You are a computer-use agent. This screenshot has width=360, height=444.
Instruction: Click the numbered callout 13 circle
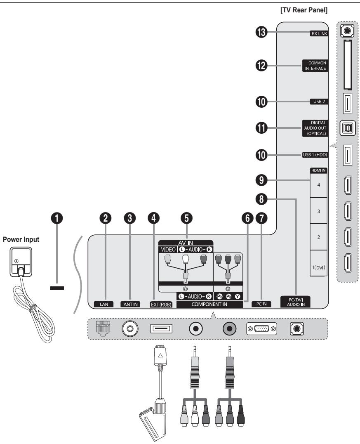(x=261, y=35)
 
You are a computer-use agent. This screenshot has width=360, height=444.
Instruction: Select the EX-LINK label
(x=318, y=35)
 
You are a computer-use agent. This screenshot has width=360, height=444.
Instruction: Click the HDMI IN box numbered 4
(x=318, y=185)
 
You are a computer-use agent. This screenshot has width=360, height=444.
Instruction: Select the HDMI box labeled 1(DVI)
(x=318, y=267)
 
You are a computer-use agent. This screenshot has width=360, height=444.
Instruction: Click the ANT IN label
(x=130, y=305)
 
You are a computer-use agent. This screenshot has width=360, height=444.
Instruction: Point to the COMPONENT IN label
(x=210, y=305)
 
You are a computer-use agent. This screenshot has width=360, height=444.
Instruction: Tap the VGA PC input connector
(x=261, y=329)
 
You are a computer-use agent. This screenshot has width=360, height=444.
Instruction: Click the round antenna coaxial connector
(x=130, y=329)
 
